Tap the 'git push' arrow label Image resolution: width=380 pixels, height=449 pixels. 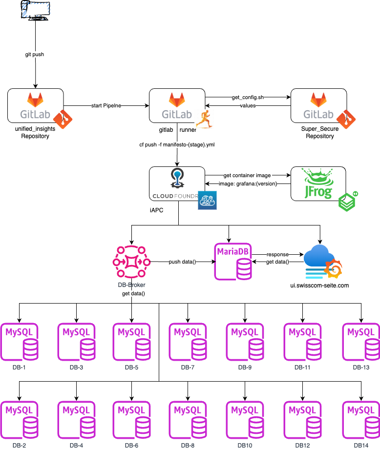click(x=35, y=54)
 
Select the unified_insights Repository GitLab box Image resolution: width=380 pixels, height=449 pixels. click(x=36, y=105)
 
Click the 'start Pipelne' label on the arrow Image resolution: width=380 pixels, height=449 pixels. click(x=106, y=105)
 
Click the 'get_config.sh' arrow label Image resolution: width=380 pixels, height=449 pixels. click(x=248, y=98)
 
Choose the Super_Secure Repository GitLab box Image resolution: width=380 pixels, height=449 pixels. click(x=318, y=105)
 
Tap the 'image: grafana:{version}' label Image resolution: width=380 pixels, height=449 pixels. click(x=248, y=184)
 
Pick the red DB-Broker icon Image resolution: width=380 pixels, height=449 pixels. click(x=131, y=262)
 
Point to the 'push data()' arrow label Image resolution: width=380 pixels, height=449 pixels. click(x=182, y=262)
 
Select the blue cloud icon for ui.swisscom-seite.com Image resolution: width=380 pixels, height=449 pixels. click(x=320, y=262)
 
